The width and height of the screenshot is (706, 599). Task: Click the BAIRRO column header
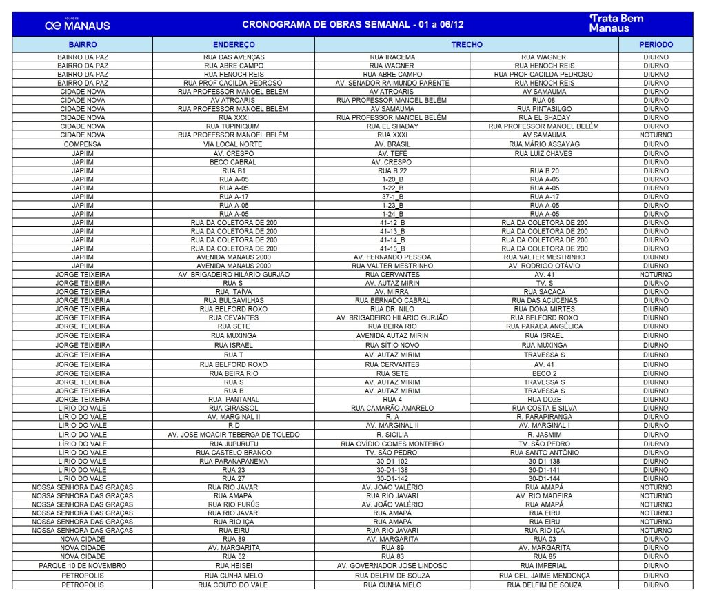[83, 44]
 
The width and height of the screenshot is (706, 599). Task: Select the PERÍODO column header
[656, 44]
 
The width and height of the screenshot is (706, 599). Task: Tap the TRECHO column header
[467, 44]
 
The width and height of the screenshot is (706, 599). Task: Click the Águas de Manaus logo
[77, 25]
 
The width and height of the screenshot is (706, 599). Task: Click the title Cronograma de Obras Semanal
[352, 25]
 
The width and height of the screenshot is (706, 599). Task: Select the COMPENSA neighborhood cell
[83, 144]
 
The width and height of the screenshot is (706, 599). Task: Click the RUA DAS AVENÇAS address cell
[234, 57]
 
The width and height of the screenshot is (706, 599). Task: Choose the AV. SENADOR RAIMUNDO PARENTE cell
[392, 83]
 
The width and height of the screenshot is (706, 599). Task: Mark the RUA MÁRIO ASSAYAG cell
[544, 144]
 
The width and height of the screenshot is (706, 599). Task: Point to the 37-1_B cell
[392, 197]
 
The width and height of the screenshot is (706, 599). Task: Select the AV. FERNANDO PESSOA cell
[392, 257]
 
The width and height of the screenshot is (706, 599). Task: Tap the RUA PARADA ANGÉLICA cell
[544, 326]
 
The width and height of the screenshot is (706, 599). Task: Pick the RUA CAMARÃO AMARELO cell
[392, 408]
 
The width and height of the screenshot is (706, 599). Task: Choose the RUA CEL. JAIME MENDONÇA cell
[544, 576]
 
